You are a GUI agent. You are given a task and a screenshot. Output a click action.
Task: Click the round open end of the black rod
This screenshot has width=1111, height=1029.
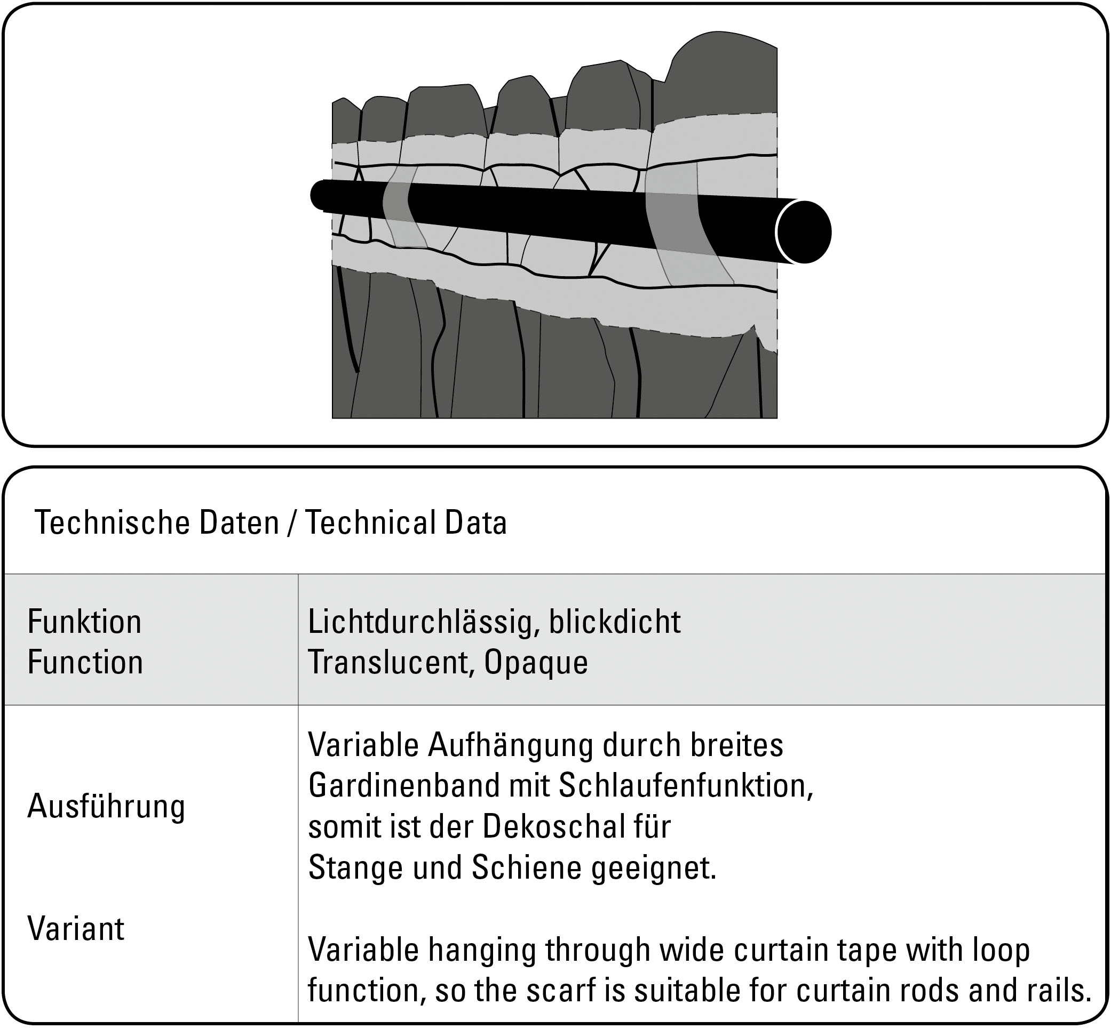coord(803,231)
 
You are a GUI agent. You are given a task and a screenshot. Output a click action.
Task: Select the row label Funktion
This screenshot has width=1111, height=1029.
coord(85,622)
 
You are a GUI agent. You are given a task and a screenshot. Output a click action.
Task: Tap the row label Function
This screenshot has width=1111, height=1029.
coord(85,662)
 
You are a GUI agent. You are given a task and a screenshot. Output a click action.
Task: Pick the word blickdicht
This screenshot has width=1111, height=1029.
coord(615,622)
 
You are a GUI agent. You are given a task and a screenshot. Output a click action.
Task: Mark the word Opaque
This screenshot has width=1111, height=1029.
coord(535,662)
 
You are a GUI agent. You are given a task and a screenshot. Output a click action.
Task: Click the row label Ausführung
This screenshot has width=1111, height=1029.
coord(106,806)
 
